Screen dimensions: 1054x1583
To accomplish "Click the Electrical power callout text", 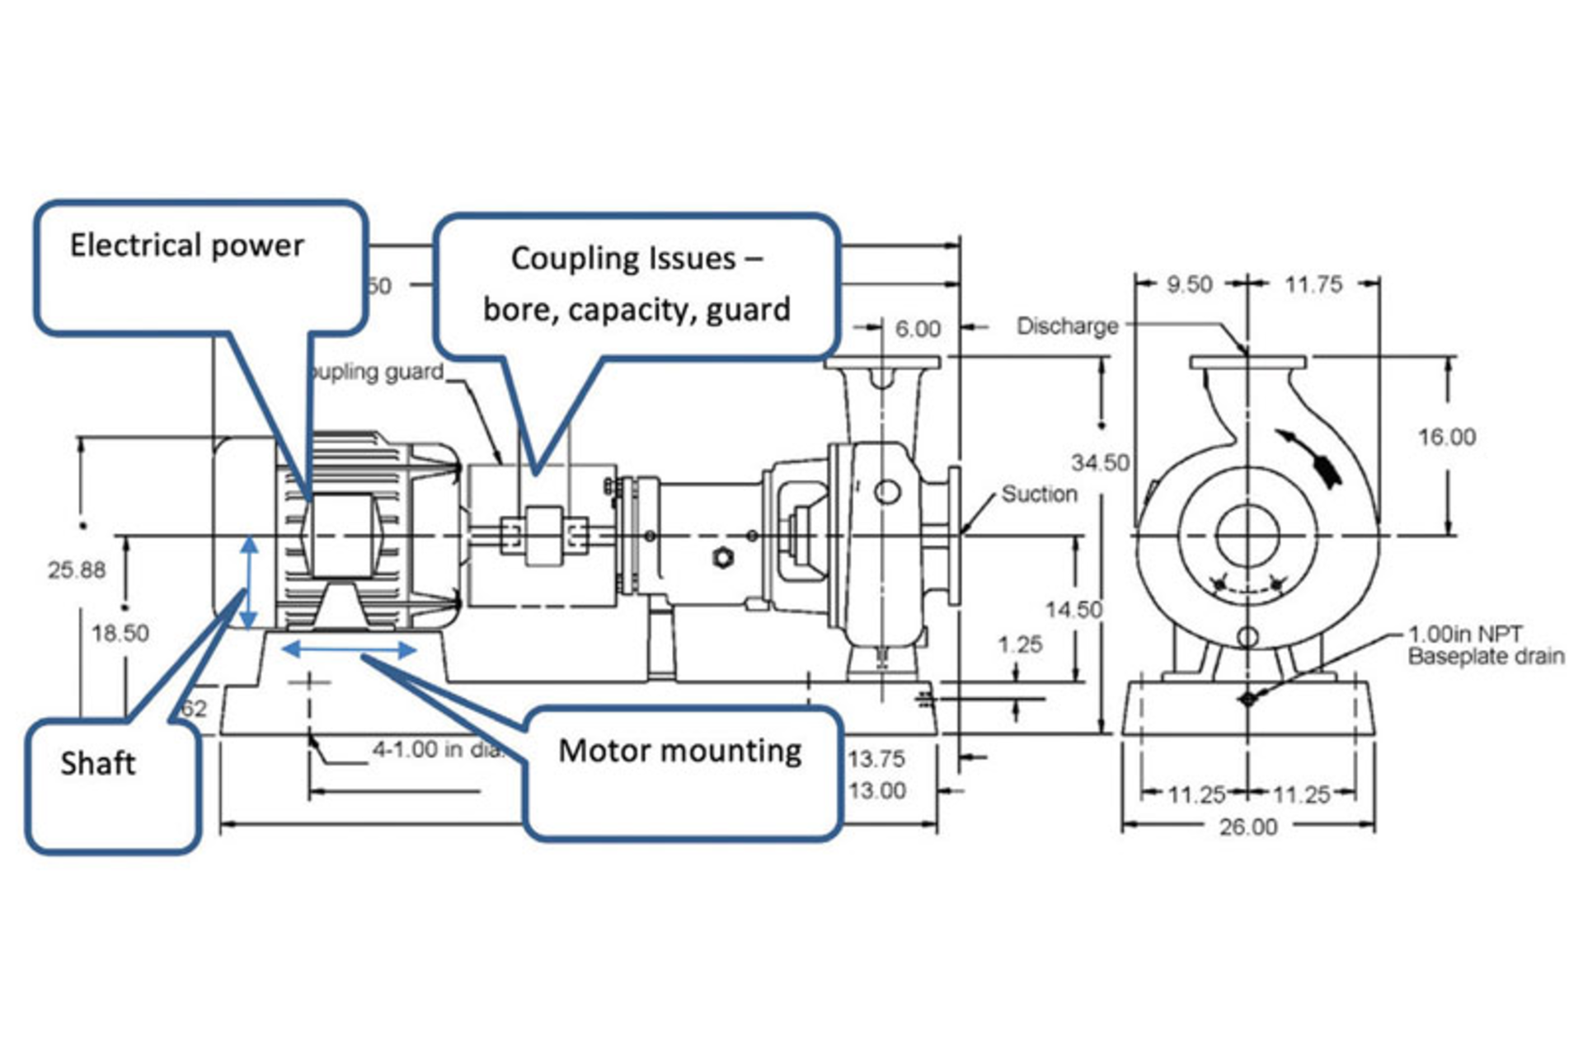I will coord(187,246).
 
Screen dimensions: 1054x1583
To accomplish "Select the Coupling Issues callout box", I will coord(636,284).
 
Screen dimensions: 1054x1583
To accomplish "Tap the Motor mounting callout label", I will coord(680,751).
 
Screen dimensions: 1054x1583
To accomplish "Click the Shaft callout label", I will coord(97,764).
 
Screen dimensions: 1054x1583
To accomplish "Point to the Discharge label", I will coord(1067,326).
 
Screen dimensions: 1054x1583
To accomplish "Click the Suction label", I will coord(1039,494).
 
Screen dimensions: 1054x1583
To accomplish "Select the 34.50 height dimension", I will coord(1100,462).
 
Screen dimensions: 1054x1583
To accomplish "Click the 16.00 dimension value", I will coord(1446,437).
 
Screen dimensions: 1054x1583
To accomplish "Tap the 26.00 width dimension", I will coord(1248,827).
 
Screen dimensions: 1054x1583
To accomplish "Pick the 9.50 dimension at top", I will coord(1189,284).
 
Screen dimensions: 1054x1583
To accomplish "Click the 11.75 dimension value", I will coord(1313,284).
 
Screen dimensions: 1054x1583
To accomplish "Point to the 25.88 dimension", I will coord(77,569).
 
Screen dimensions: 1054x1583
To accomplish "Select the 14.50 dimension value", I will coord(1073,610).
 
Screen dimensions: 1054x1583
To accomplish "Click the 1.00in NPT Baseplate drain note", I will coord(1485,645).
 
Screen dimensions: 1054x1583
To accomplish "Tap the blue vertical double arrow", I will coord(249,582).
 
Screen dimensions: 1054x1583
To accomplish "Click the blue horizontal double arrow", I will coord(349,650).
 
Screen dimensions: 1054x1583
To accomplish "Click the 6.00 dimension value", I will coord(917,329).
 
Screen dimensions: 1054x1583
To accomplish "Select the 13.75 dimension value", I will coord(876,758).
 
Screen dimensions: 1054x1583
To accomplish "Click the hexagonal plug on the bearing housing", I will coord(723,558).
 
